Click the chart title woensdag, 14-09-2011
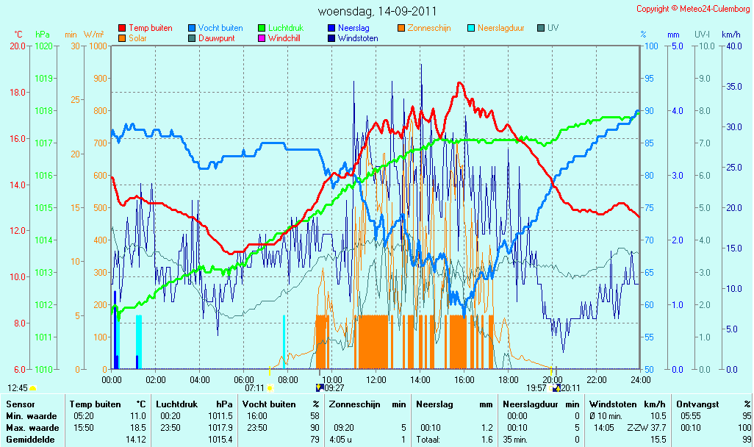(378, 11)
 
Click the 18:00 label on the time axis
(509, 379)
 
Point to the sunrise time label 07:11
(254, 388)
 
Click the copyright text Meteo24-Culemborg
(714, 9)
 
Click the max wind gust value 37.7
(658, 428)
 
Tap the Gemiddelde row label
(30, 440)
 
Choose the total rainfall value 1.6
(487, 440)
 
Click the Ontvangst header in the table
(697, 404)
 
